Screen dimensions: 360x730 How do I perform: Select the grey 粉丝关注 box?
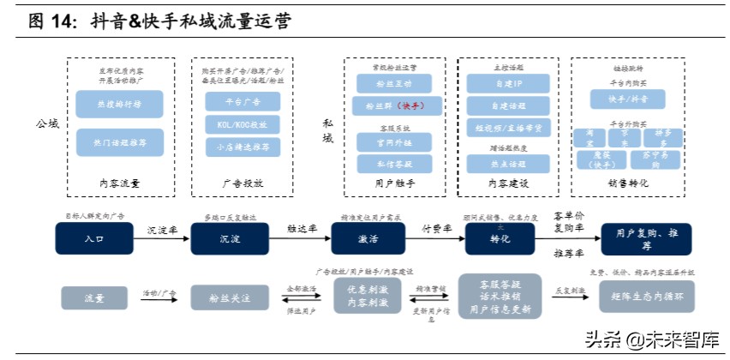click(230, 297)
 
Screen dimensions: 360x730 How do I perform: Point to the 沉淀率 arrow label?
click(160, 231)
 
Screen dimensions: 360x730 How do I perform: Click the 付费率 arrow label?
click(434, 231)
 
